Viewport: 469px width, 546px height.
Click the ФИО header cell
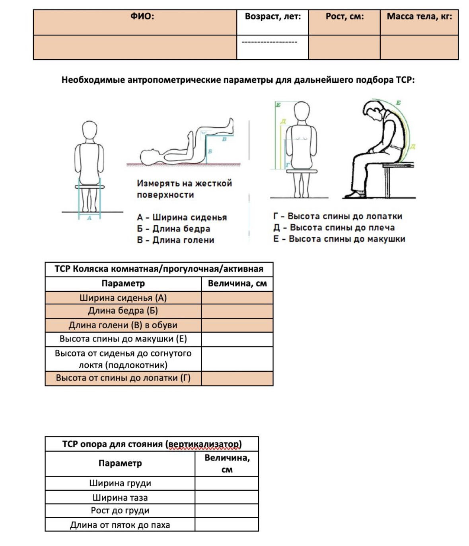142,17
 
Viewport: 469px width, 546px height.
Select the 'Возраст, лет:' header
272,17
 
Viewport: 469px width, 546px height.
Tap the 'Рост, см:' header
344,17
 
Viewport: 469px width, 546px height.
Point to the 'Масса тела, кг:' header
419,17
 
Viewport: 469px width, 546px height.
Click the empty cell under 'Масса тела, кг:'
419,47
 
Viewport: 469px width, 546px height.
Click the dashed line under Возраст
269,42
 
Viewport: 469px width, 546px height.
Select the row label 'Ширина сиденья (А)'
123,298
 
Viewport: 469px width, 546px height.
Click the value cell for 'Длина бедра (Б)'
237,311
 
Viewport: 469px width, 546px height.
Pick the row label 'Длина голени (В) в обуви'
123,325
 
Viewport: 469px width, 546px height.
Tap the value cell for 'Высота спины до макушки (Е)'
237,339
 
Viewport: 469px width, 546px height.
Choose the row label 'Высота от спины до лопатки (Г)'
123,378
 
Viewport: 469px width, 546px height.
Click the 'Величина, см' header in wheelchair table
237,284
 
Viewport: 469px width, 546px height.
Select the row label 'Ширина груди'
120,483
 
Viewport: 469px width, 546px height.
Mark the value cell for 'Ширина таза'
227,497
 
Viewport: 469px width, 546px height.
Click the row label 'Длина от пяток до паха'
120,525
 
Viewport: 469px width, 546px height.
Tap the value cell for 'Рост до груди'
227,511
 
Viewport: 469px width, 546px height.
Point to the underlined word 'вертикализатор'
204,444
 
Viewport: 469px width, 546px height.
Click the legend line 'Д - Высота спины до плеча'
334,228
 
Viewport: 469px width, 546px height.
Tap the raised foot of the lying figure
230,124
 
